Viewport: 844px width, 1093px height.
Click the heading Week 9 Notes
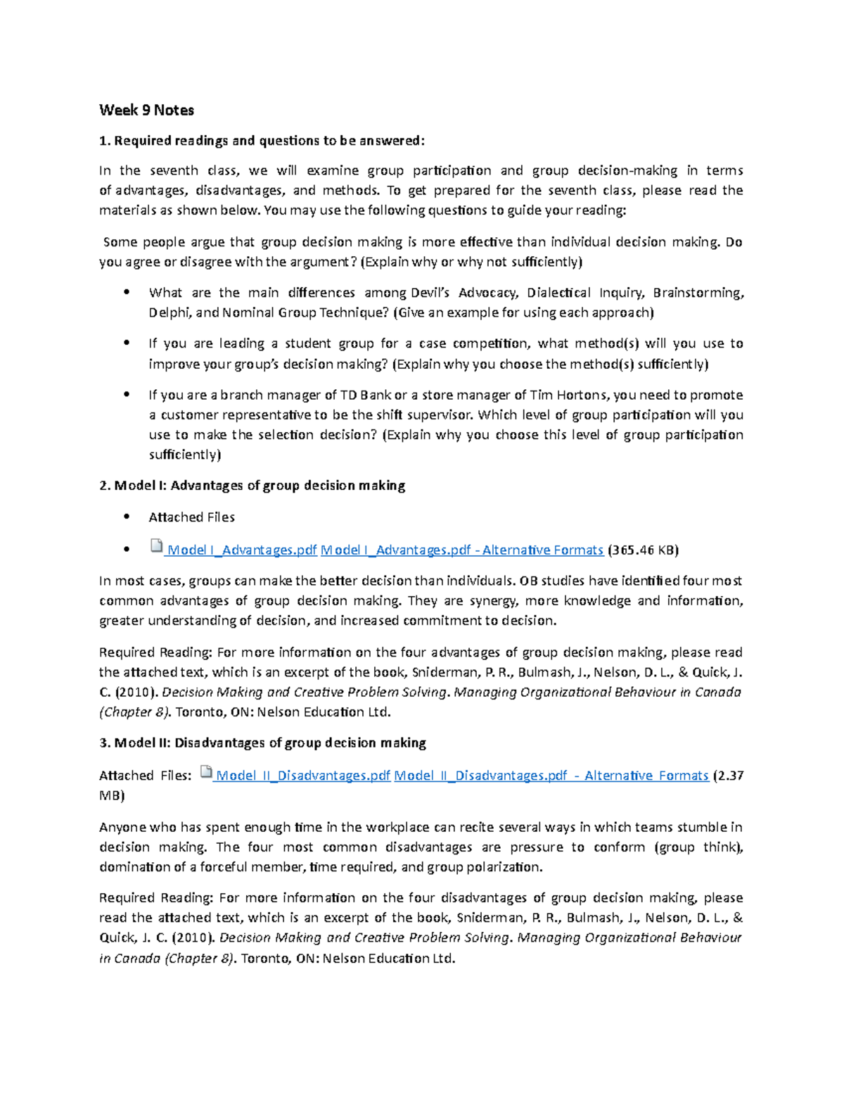146,110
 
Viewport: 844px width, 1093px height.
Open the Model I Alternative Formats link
462,550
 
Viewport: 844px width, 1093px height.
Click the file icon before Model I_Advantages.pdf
156,546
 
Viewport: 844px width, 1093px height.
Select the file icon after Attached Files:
206,773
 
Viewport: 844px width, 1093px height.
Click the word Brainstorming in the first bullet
697,293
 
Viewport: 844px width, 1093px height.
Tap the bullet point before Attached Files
127,517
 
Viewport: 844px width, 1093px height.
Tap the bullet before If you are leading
127,343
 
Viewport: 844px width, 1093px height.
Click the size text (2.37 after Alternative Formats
729,776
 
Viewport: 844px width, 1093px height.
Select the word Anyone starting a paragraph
123,827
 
